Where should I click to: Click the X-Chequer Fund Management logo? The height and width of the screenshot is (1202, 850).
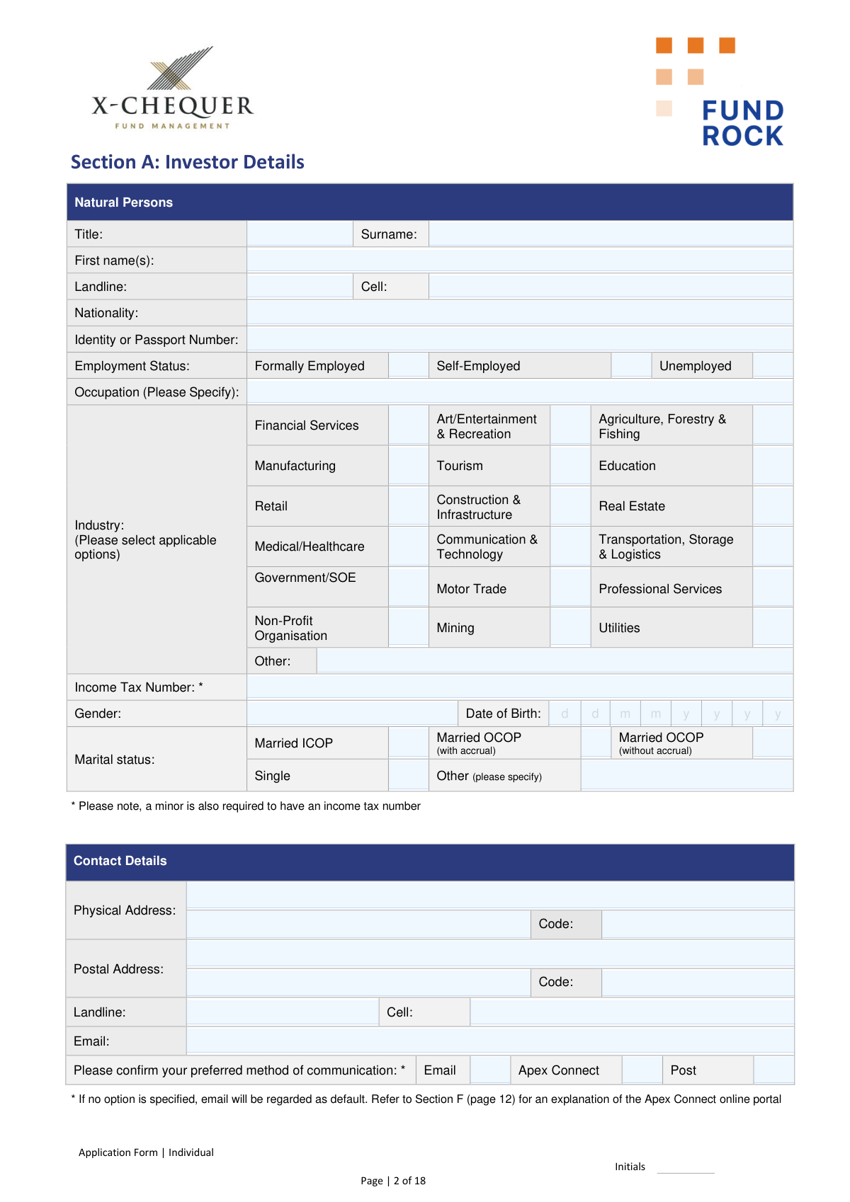(172, 88)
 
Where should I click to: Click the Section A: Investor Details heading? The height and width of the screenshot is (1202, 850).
(188, 162)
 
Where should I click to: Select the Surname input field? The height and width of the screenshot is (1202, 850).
(610, 234)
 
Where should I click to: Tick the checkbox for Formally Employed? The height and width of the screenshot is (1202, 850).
(408, 365)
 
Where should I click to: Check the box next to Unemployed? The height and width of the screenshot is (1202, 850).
(772, 365)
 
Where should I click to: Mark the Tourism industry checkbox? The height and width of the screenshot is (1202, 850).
(570, 466)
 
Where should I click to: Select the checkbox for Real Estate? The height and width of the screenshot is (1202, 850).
(772, 506)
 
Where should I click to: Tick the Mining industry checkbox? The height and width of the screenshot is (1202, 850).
(570, 628)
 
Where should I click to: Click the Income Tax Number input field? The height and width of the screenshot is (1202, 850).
(519, 687)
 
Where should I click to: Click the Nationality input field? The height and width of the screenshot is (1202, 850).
(519, 313)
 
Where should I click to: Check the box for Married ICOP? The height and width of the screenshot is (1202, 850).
(408, 743)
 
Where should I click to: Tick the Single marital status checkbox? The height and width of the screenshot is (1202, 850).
(408, 775)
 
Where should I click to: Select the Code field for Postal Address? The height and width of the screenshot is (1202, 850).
(697, 983)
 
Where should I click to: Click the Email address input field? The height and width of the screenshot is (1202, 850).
(489, 1041)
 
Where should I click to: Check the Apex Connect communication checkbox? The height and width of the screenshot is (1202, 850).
(642, 1070)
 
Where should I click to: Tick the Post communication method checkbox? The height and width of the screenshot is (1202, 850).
(773, 1070)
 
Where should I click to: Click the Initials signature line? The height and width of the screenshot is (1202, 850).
(685, 1167)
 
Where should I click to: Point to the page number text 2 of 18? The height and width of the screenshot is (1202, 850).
(409, 1181)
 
